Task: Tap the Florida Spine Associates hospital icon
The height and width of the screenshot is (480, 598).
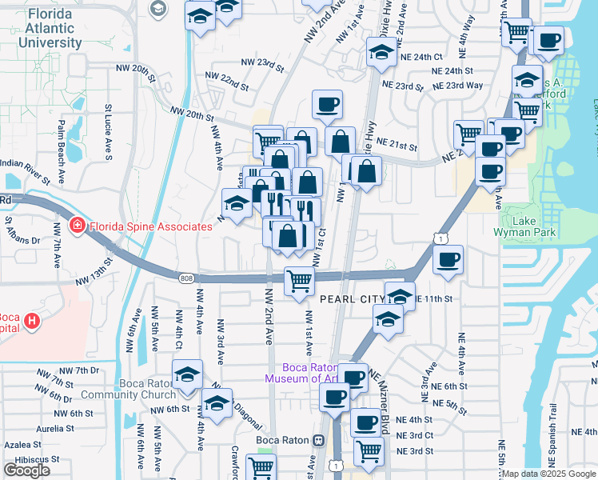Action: pyautogui.click(x=77, y=226)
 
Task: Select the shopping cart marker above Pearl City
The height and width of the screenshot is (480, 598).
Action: pyautogui.click(x=299, y=281)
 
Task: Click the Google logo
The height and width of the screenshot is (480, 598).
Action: pyautogui.click(x=26, y=470)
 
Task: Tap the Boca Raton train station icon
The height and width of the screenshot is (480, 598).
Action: pyautogui.click(x=318, y=440)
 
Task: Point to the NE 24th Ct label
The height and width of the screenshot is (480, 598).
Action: pyautogui.click(x=423, y=57)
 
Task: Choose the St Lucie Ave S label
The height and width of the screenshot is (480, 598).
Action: pyautogui.click(x=109, y=128)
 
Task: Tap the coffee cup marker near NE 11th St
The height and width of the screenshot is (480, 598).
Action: pyautogui.click(x=448, y=259)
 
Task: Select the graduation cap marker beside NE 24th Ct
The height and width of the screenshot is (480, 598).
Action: pyautogui.click(x=381, y=52)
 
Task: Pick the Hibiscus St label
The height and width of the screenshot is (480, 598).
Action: pyautogui.click(x=23, y=460)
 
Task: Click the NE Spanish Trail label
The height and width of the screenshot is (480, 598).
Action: pyautogui.click(x=552, y=440)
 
